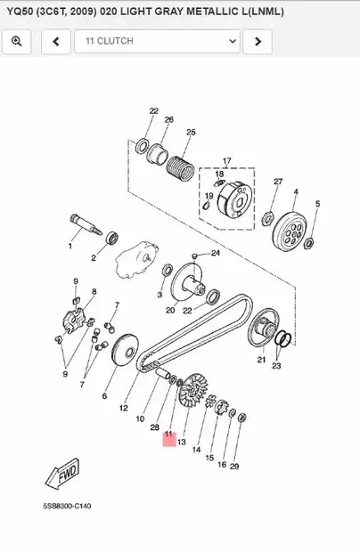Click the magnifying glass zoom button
(x=17, y=41)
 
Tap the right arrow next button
(x=258, y=41)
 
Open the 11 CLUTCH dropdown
(x=157, y=41)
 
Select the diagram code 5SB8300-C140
(x=67, y=506)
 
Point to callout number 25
(x=190, y=133)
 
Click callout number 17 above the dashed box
(x=226, y=161)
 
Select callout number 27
(x=278, y=182)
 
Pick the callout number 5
(x=316, y=204)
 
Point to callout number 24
(x=215, y=253)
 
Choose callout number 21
(x=261, y=360)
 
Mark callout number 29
(x=234, y=467)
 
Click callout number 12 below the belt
(x=124, y=408)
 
